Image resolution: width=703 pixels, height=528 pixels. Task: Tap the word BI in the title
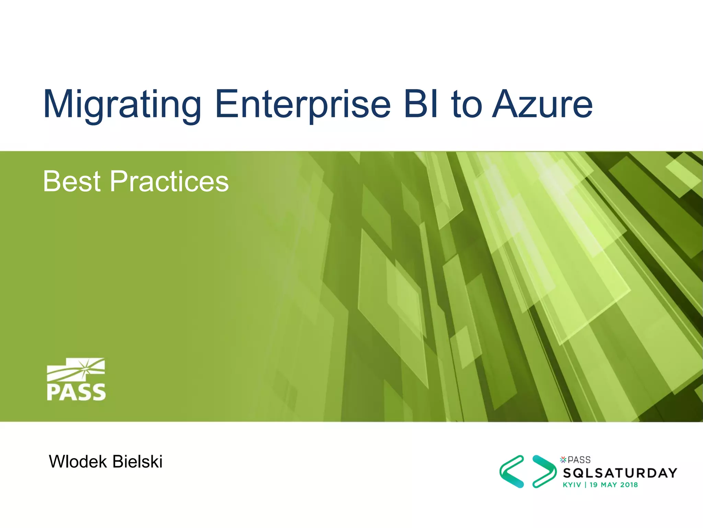tap(421, 104)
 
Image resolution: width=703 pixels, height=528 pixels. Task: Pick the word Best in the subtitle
tap(72, 181)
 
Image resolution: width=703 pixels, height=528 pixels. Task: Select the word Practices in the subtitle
tap(169, 181)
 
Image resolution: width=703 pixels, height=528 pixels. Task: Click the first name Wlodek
tap(78, 462)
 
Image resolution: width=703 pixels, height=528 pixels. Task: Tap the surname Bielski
tap(137, 462)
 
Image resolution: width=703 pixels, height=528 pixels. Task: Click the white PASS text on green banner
tap(76, 392)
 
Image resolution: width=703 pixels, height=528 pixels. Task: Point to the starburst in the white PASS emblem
tap(86, 368)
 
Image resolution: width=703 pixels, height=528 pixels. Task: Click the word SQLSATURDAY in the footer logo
tap(620, 473)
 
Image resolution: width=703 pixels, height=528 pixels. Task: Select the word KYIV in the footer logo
tap(572, 485)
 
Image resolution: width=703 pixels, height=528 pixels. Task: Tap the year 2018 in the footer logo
tap(629, 485)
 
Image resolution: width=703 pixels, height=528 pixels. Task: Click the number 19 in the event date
tap(593, 485)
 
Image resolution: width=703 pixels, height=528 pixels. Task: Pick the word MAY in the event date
tap(609, 485)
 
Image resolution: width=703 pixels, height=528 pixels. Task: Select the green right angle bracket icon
tap(544, 472)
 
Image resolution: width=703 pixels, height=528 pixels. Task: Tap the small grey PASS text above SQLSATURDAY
tap(579, 460)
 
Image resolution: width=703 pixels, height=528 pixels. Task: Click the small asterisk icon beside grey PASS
tap(563, 460)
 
